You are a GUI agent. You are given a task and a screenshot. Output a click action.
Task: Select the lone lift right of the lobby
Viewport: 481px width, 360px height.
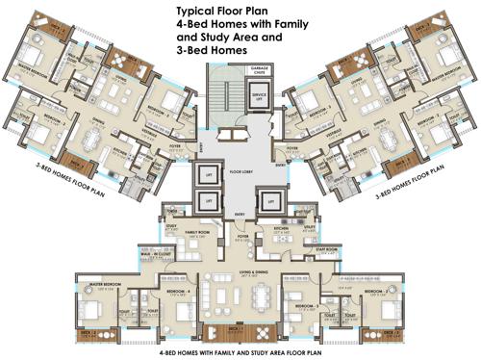[272, 202]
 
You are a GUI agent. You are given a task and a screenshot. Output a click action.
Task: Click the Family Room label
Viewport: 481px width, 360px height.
[199, 232]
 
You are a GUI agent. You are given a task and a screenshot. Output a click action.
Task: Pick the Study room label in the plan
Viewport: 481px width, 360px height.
[172, 226]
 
